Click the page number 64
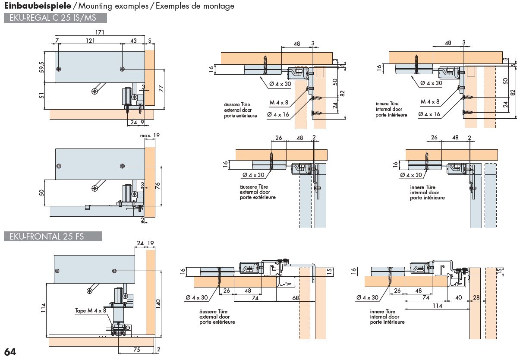point(10,352)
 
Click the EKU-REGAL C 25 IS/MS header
point(55,18)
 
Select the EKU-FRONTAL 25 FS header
point(53,236)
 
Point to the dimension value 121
point(90,40)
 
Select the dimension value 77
point(161,89)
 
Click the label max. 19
point(149,136)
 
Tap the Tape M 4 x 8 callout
point(89,310)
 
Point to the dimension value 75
point(136,350)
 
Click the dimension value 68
point(296,297)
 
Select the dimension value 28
point(476,297)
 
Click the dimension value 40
point(458,297)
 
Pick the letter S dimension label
point(150,40)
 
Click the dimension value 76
point(158,186)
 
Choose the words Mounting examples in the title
point(108,6)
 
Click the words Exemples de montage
point(195,6)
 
